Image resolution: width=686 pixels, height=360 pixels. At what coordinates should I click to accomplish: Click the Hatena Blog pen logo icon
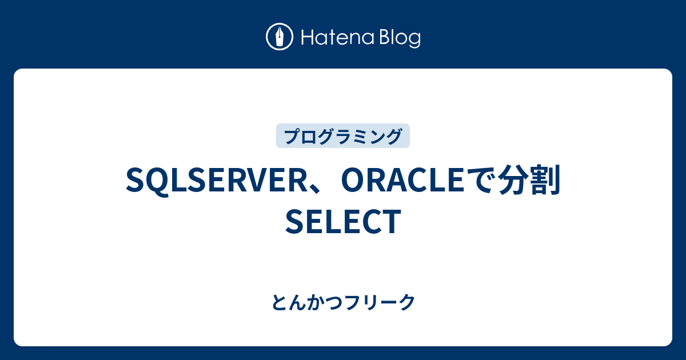pyautogui.click(x=280, y=37)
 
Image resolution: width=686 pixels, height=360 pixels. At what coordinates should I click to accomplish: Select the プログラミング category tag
pyautogui.click(x=342, y=136)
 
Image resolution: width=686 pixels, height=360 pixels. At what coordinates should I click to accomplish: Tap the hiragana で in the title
pyautogui.click(x=482, y=181)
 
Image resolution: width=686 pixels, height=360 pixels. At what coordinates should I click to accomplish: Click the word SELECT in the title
pyautogui.click(x=342, y=222)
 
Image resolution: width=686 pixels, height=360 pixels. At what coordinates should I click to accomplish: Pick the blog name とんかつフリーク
pyautogui.click(x=343, y=303)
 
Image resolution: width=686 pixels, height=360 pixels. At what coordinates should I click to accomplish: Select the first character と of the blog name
pyautogui.click(x=279, y=303)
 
